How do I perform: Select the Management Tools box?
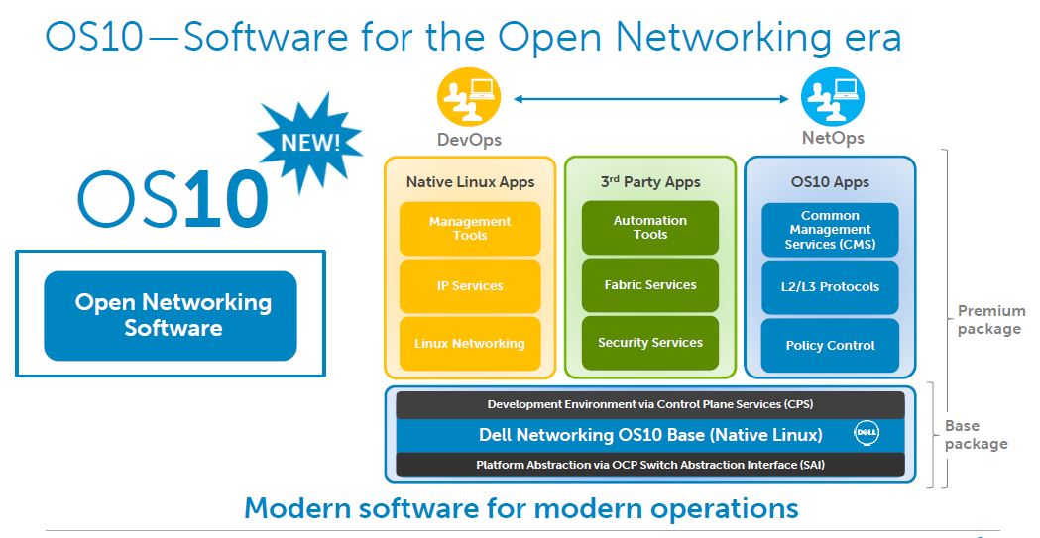tap(470, 229)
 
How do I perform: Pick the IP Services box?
tap(470, 286)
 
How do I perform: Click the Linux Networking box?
tap(470, 344)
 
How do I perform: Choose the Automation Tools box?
tap(649, 228)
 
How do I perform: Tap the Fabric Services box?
tap(649, 285)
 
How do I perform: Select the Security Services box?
tap(649, 343)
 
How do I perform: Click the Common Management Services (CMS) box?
tap(830, 230)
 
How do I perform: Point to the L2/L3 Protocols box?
tap(830, 287)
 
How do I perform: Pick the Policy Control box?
tap(830, 346)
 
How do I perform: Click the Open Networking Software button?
tap(171, 315)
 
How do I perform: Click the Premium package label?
tap(989, 320)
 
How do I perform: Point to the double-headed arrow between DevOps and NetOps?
tap(650, 97)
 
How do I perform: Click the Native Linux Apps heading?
tap(470, 182)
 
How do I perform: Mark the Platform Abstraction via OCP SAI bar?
tap(650, 465)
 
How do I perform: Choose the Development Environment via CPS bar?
tap(650, 404)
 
